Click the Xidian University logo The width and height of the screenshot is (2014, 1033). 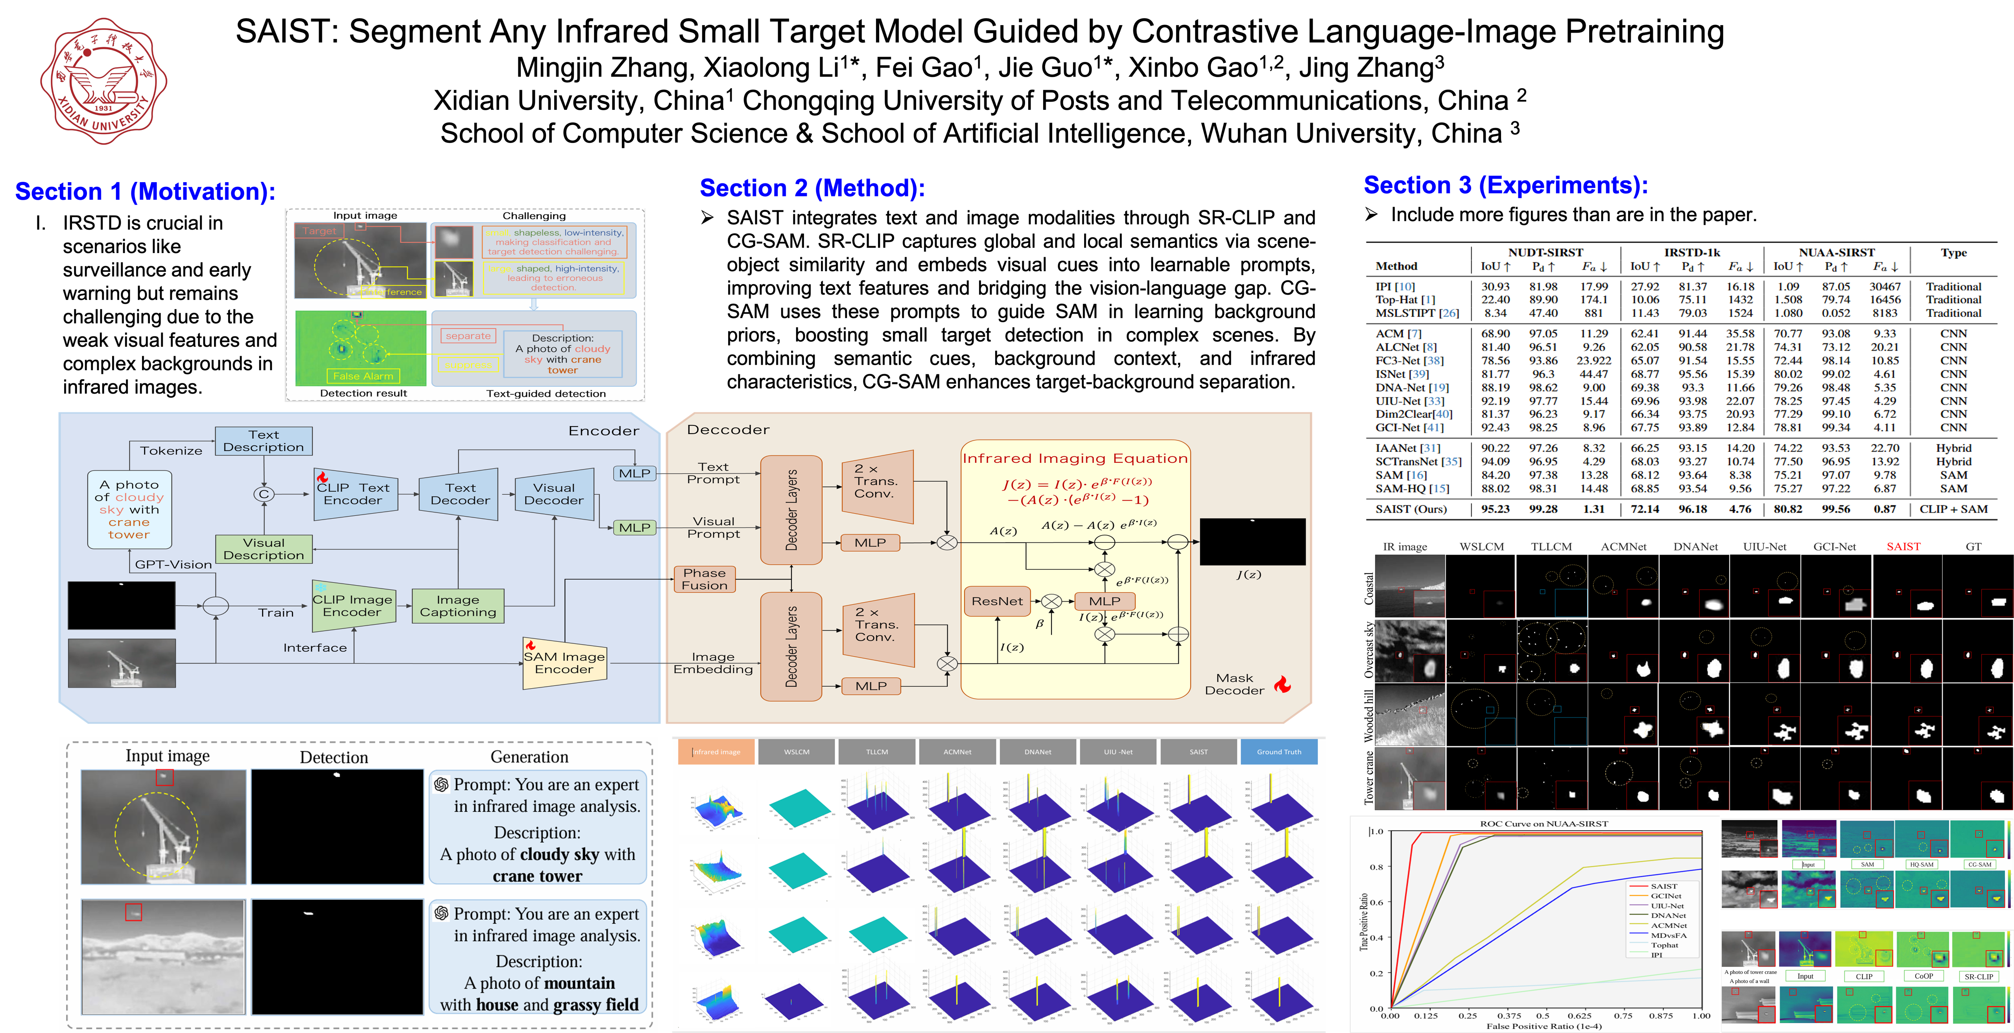(x=103, y=81)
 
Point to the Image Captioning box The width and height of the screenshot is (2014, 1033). (x=458, y=606)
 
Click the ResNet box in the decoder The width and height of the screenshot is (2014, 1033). (x=997, y=601)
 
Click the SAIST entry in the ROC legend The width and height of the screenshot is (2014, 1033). (x=1664, y=886)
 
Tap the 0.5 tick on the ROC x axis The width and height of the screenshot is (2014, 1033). (x=1542, y=1016)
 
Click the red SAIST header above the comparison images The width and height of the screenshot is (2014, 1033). (x=1903, y=547)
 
